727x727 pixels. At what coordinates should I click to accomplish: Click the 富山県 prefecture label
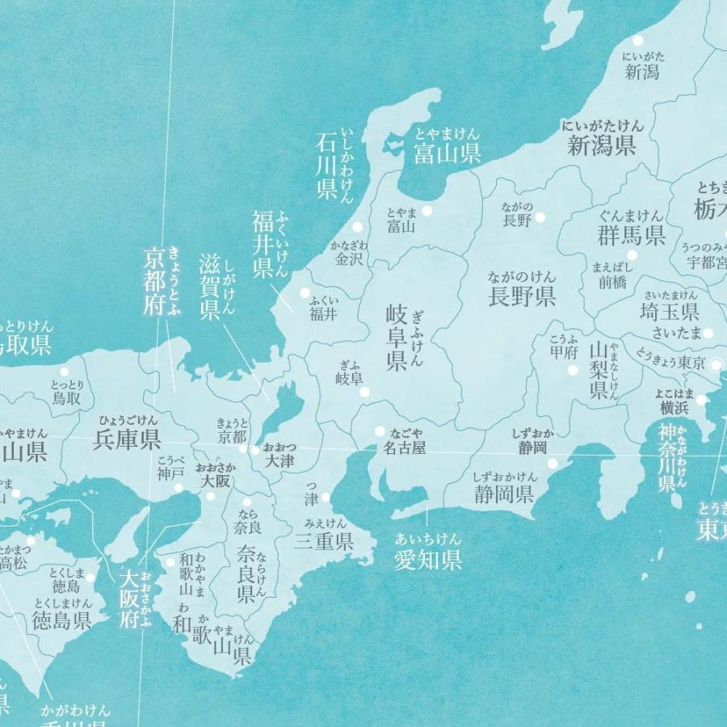[x=448, y=153]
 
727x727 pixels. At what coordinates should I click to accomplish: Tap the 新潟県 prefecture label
[x=601, y=145]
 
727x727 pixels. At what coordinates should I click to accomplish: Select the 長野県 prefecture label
[x=522, y=296]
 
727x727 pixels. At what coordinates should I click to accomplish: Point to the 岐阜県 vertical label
[x=396, y=338]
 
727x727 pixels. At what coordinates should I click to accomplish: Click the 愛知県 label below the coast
[x=428, y=559]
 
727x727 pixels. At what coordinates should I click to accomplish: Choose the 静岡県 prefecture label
[x=503, y=494]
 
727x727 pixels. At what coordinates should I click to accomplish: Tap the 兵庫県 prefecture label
[x=127, y=439]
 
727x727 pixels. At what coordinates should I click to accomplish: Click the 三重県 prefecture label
[x=324, y=541]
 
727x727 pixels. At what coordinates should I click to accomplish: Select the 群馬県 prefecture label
[x=632, y=235]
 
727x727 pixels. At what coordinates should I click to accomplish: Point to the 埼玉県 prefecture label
[x=669, y=312]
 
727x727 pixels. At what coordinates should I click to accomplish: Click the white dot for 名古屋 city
[x=380, y=431]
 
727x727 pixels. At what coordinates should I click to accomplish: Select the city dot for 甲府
[x=573, y=371]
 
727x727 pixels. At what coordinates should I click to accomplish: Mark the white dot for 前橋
[x=631, y=255]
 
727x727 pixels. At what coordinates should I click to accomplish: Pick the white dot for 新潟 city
[x=638, y=40]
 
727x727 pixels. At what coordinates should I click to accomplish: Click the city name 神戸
[x=170, y=474]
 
